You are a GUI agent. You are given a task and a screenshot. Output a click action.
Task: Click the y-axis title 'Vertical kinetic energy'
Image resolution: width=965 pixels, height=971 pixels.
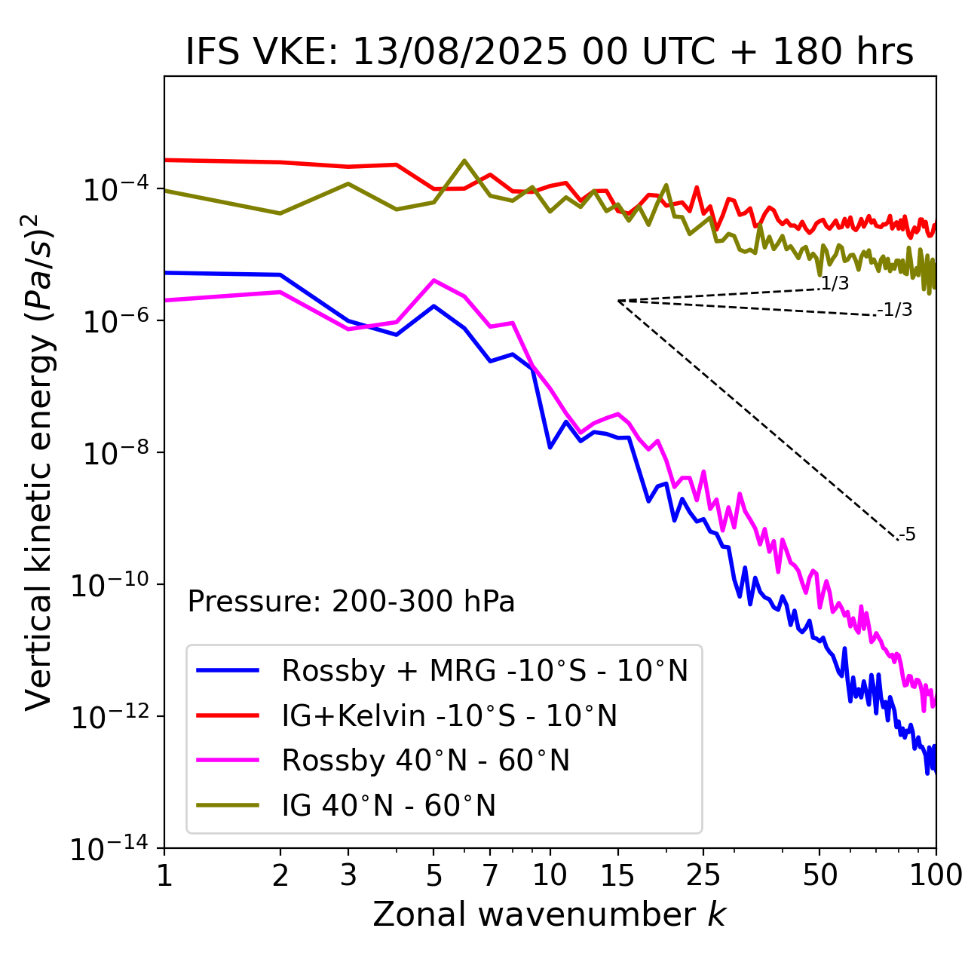(x=39, y=461)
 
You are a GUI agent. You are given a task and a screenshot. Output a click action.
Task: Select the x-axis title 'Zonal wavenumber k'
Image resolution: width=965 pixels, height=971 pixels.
(x=549, y=914)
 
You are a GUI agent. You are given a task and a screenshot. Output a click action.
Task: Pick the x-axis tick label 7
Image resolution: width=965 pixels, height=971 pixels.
(x=490, y=875)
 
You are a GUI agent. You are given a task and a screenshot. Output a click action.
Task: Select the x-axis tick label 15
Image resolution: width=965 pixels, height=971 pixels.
(x=617, y=875)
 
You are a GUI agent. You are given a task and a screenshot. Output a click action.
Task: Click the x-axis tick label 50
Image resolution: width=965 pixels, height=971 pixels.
(x=819, y=875)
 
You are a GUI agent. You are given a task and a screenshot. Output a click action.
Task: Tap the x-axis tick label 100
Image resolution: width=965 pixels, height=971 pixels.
(x=935, y=875)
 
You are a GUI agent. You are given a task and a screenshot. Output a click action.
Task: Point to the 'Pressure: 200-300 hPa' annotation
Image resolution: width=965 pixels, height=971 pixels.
(x=351, y=602)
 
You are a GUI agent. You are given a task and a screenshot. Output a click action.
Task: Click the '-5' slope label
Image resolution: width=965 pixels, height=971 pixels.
(x=907, y=535)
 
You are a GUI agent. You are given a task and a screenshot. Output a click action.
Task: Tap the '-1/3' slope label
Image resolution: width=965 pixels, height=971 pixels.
(x=896, y=310)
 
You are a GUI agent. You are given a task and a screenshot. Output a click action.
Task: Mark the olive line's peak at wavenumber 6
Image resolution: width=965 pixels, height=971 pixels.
(x=464, y=161)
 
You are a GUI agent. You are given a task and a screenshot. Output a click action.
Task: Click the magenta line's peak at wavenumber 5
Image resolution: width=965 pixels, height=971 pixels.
(x=433, y=280)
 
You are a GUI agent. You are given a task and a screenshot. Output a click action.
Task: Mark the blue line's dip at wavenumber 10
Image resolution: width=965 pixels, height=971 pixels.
(x=550, y=448)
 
